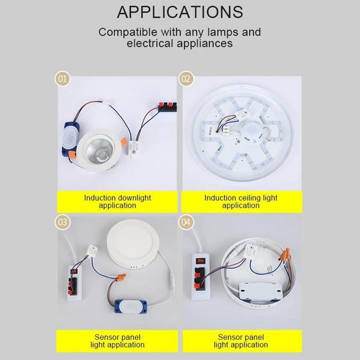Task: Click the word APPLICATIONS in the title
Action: pos(180,12)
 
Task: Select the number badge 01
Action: pos(63,79)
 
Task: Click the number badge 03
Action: pos(63,223)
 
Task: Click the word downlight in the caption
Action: pos(134,198)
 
